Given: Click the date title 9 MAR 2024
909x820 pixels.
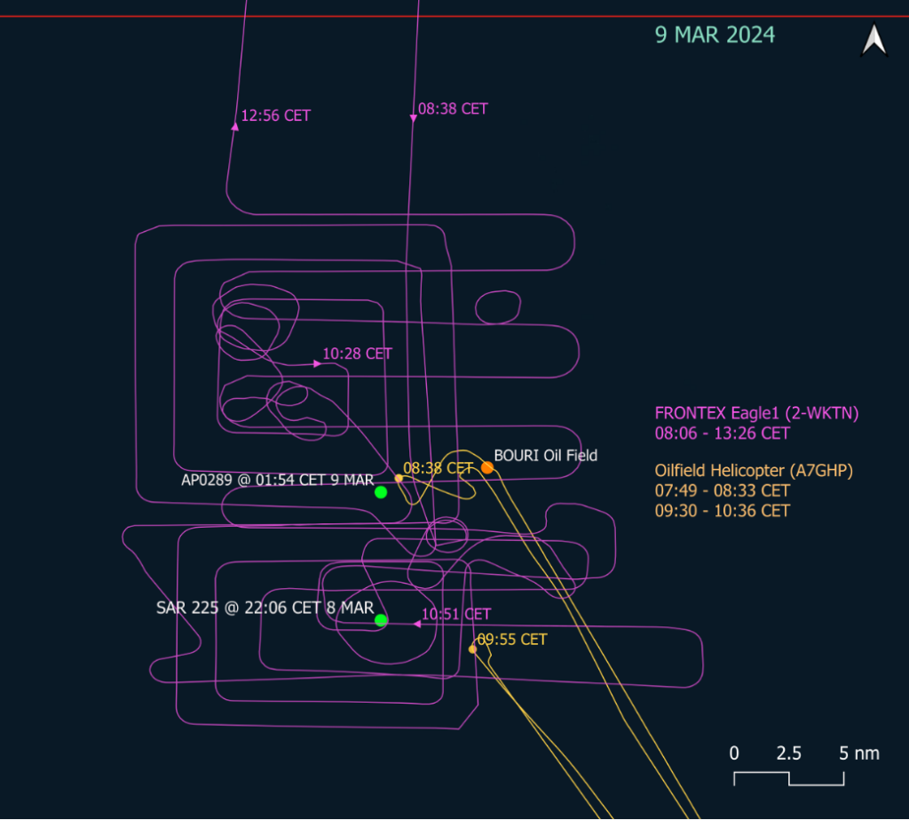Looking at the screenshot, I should [715, 36].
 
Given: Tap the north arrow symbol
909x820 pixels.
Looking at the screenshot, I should [874, 41].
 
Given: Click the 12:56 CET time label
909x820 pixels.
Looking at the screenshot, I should [276, 115].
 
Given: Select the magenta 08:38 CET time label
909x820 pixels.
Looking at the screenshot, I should [453, 109].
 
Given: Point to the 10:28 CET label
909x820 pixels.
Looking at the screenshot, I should [357, 354].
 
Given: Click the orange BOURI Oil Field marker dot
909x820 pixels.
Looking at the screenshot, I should [487, 467].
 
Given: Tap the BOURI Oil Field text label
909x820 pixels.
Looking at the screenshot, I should [546, 456].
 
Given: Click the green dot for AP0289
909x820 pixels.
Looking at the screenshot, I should [381, 492].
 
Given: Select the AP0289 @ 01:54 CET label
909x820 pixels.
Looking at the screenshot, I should [277, 480].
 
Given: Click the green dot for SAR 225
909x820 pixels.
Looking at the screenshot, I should [381, 620].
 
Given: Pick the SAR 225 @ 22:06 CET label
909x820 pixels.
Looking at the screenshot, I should [265, 608].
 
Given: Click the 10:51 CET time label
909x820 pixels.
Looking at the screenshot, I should [455, 614].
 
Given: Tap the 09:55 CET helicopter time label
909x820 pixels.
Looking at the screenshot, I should [512, 639].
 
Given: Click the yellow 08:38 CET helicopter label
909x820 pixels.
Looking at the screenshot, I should [439, 467].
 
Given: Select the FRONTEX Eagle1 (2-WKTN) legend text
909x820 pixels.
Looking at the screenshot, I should [756, 412].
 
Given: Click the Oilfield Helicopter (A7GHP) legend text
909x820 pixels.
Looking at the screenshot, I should [754, 471].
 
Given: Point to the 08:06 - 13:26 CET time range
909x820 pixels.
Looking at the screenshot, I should [722, 434].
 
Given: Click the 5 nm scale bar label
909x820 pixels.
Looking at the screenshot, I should [859, 753].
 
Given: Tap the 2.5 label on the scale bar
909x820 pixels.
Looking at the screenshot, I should [788, 753].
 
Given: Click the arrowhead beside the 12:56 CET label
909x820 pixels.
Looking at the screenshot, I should [235, 126].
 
